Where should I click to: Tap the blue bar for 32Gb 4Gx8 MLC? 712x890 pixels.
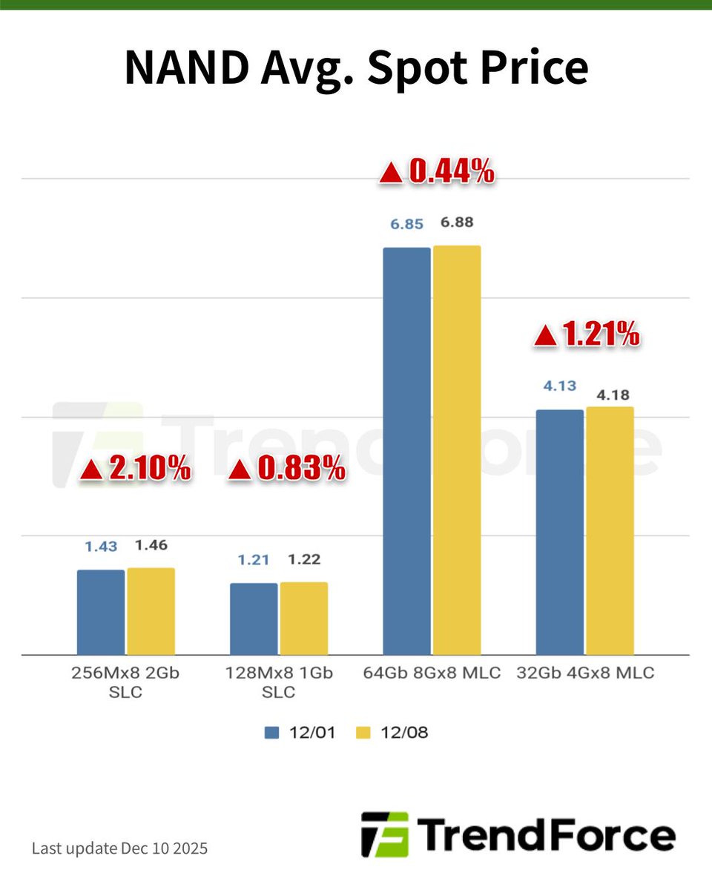[559, 532]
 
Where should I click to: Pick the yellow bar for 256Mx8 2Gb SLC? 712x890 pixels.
[151, 611]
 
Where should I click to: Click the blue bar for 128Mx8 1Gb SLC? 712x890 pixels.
[254, 619]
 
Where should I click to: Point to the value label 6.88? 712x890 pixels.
[457, 222]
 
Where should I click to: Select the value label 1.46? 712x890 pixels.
[151, 545]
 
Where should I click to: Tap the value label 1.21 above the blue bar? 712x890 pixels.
[254, 559]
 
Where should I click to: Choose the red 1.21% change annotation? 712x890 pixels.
[586, 335]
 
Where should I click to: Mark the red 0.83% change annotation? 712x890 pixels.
[286, 469]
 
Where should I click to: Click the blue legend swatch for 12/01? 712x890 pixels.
[271, 733]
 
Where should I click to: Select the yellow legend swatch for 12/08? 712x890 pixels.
[363, 733]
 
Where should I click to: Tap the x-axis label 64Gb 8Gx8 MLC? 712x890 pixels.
[432, 673]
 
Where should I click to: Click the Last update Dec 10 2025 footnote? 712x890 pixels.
[119, 848]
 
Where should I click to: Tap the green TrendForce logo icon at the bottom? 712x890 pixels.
[384, 834]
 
